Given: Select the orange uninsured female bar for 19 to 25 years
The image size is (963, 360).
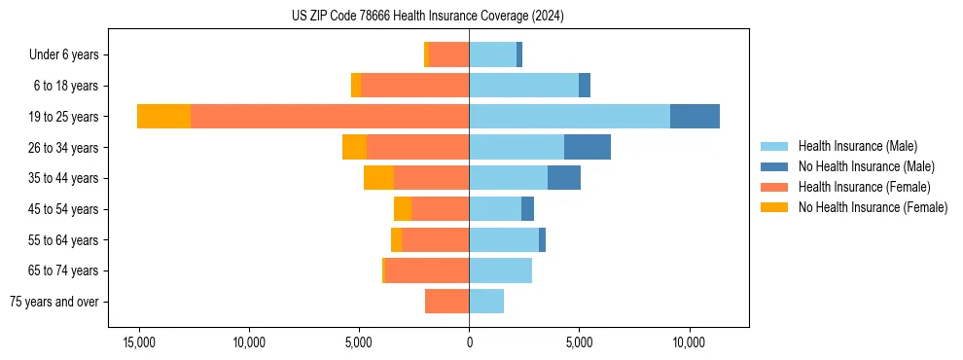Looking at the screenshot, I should (x=163, y=117).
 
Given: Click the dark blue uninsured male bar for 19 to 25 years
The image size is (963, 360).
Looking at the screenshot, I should (x=695, y=117).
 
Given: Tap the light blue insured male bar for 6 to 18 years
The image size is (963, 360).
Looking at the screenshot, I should (x=523, y=86).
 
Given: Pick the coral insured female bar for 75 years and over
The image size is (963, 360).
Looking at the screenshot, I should (x=446, y=302).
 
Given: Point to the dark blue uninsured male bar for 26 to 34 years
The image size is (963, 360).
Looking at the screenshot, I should (x=587, y=147).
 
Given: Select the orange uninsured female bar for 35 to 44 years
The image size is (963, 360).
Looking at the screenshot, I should (x=378, y=178).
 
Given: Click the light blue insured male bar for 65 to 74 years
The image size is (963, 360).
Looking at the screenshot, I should (x=500, y=270).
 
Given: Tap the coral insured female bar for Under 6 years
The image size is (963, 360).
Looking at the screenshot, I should (x=448, y=54).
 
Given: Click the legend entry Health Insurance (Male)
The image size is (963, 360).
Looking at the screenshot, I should (x=857, y=147).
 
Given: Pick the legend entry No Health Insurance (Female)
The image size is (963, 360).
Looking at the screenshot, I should (x=873, y=207).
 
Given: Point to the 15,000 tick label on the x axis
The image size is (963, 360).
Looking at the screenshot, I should (x=139, y=343).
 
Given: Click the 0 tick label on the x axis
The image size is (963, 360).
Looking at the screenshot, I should (x=469, y=343).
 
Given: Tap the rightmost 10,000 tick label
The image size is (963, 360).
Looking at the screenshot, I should (x=689, y=343).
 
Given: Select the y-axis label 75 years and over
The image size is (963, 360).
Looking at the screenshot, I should (x=54, y=302).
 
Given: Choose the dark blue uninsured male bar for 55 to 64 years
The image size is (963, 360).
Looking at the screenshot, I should (x=542, y=239).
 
